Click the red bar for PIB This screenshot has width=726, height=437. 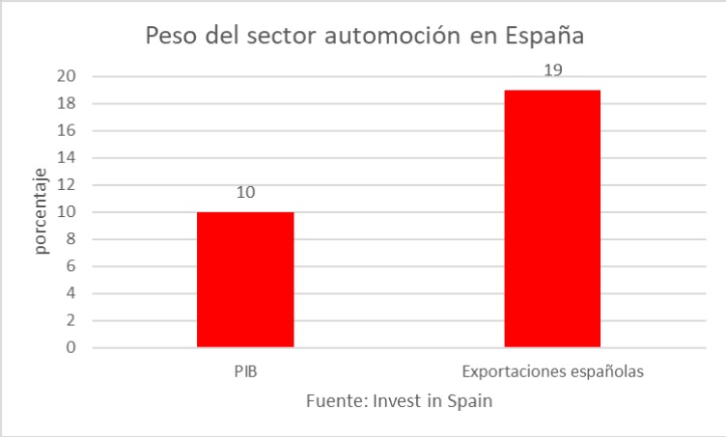coord(245,279)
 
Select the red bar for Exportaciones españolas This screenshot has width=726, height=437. coord(552,218)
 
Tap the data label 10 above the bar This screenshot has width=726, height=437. coord(245,193)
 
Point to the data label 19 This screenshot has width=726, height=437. coord(552,70)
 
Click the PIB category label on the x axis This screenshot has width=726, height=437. coord(245,370)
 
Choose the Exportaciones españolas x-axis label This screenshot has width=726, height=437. coord(552,370)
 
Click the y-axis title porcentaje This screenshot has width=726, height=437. coord(42,211)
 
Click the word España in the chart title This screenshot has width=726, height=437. coord(544,37)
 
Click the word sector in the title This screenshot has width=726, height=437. coord(280,37)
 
